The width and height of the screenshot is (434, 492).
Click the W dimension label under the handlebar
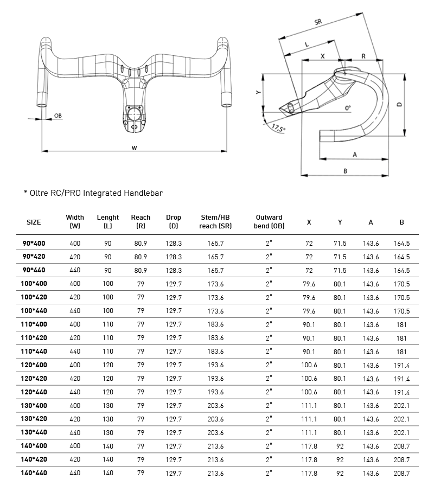click(134, 147)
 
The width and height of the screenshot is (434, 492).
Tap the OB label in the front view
click(58, 115)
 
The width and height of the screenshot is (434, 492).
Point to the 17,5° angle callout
click(278, 129)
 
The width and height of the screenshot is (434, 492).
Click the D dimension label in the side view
click(399, 105)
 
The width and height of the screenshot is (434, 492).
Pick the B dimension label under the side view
click(345, 171)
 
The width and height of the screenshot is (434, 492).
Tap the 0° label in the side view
click(348, 107)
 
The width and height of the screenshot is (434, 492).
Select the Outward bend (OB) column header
click(269, 221)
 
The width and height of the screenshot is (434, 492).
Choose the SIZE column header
click(34, 222)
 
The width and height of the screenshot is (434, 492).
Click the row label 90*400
click(34, 244)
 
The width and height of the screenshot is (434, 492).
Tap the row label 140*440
click(34, 473)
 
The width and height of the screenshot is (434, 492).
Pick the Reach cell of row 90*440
click(141, 271)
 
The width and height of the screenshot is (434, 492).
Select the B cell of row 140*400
click(401, 446)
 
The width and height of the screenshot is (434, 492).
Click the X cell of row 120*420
click(309, 378)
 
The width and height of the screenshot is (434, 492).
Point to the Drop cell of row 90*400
click(174, 244)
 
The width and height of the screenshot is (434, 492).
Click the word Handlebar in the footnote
click(143, 193)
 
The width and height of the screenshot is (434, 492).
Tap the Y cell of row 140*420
click(340, 459)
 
